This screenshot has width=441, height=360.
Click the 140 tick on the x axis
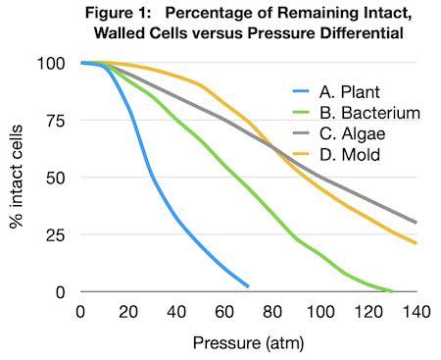[x=416, y=311]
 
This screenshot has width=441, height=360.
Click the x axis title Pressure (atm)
[x=249, y=343]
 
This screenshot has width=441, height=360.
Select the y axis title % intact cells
[x=18, y=178]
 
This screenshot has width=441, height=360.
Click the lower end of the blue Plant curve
[x=248, y=286]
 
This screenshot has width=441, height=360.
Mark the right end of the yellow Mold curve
[x=416, y=243]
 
